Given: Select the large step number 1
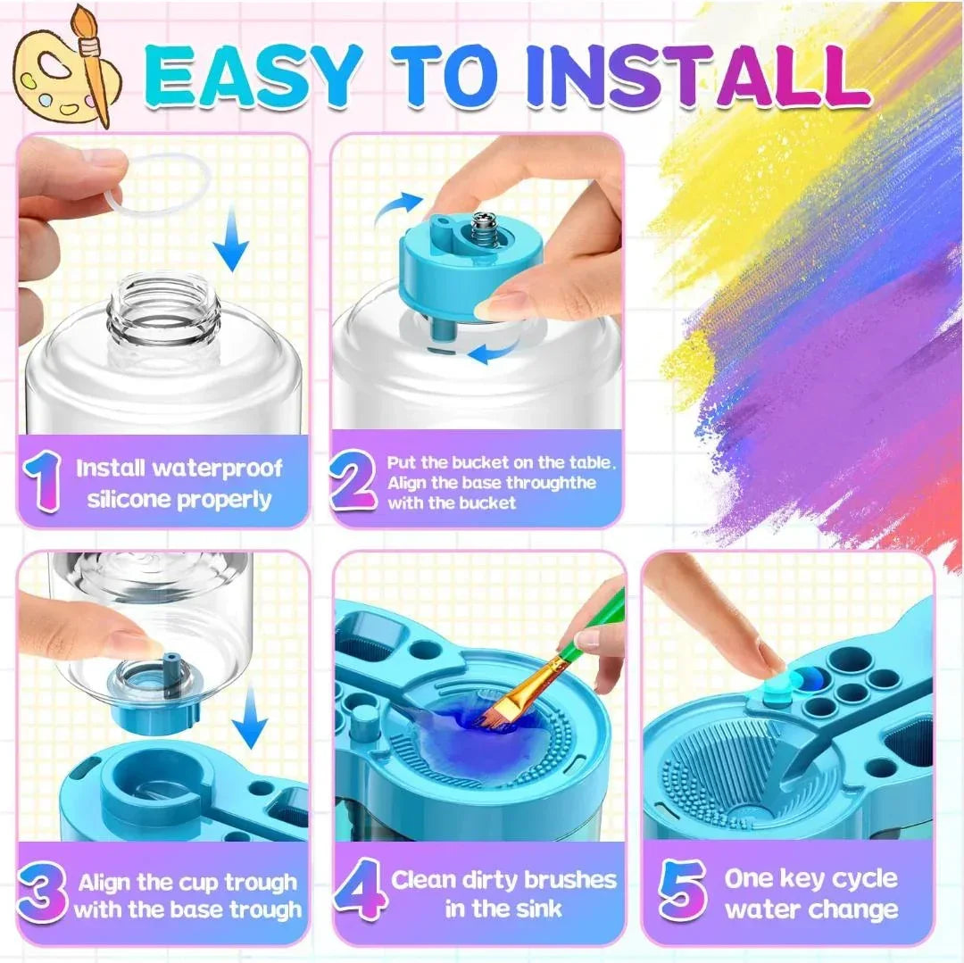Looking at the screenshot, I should pyautogui.click(x=43, y=482).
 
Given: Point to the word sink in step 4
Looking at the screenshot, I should pyautogui.click(x=536, y=909).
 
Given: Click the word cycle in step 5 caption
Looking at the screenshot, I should pyautogui.click(x=864, y=879).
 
